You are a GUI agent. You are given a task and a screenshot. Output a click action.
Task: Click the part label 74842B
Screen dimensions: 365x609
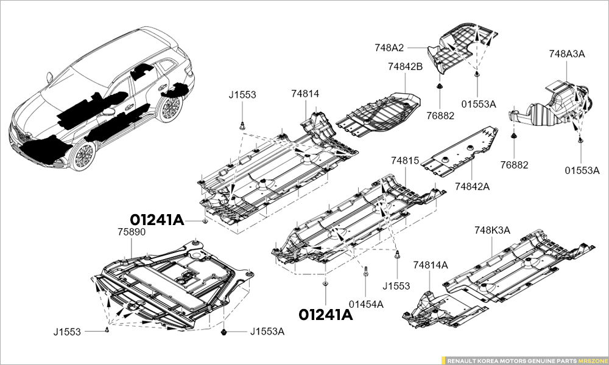406,66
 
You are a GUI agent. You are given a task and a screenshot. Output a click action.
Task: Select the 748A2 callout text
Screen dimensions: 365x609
390,47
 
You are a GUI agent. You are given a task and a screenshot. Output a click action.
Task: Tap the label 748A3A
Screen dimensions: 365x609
566,54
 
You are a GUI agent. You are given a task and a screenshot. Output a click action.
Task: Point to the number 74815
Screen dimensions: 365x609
405,161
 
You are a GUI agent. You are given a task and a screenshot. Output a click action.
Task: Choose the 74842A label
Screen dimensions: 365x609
472,186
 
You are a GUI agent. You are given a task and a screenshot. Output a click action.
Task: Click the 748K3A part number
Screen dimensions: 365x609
491,230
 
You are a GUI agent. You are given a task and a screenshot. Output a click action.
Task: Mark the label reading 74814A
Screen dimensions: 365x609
430,265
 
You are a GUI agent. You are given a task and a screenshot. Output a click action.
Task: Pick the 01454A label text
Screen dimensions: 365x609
365,304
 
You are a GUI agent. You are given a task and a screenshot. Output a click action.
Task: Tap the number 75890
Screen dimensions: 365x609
132,232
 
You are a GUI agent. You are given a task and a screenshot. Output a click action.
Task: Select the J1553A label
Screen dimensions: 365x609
267,332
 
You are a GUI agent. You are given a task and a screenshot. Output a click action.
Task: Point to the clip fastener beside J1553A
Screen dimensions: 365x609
227,332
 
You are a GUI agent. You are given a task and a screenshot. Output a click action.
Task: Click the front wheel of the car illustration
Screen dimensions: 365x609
82,156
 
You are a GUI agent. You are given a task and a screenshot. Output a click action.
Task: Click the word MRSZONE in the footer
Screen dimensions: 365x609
592,360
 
